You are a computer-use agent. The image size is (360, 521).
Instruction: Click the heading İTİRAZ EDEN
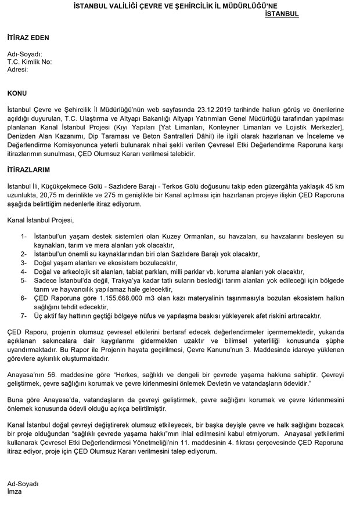[x=28, y=38]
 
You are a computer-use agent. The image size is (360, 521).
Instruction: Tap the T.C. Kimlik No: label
[x=30, y=61]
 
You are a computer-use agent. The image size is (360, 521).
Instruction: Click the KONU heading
[x=17, y=93]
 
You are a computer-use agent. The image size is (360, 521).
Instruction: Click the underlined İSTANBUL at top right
[x=282, y=14]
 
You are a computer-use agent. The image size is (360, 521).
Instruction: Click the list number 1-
[x=23, y=237]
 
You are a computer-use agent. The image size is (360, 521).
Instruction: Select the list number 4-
[x=23, y=271]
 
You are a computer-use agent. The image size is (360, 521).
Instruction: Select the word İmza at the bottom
[x=15, y=491]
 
